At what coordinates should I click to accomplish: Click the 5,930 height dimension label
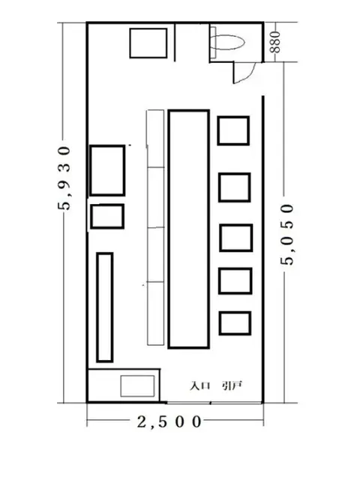[x=64, y=178]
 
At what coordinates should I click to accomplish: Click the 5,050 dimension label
[x=287, y=235]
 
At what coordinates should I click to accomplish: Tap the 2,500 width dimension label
[x=169, y=422]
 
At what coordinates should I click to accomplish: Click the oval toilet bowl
[x=228, y=42]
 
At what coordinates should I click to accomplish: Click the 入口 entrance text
[x=200, y=385]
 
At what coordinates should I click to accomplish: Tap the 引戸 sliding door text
[x=232, y=385]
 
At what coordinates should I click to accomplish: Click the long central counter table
[x=188, y=229]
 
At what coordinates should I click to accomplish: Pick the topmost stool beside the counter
[x=233, y=130]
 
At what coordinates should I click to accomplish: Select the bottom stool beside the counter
[x=235, y=323]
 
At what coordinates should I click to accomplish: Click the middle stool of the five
[x=235, y=238]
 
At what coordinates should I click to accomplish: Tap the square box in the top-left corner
[x=148, y=43]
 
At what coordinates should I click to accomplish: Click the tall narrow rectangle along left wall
[x=105, y=307]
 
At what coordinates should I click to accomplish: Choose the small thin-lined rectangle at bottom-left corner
[x=137, y=386]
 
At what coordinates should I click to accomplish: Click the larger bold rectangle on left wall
[x=107, y=170]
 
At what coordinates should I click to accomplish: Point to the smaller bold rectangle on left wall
[x=107, y=217]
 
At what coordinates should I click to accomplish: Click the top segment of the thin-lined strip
[x=155, y=138]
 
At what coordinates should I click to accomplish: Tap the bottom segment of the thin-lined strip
[x=155, y=313]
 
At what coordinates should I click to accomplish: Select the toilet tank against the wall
[x=213, y=42]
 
